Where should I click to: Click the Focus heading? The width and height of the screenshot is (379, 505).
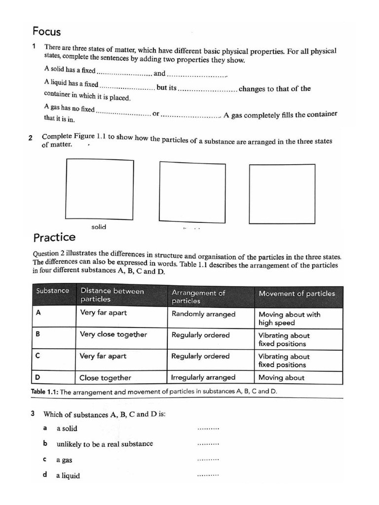[46, 32]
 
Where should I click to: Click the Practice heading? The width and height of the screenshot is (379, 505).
[54, 237]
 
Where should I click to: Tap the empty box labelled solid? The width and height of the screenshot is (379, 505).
[100, 189]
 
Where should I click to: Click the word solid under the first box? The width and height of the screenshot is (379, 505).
[99, 227]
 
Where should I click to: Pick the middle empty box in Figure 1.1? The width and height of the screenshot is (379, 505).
[192, 192]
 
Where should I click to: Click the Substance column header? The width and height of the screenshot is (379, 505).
[53, 291]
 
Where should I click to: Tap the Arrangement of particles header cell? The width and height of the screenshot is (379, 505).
[198, 296]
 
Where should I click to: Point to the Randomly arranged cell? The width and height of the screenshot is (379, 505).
[203, 314]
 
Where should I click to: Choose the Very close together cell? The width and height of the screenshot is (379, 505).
[114, 334]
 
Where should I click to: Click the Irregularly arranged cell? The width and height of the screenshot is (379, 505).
[203, 377]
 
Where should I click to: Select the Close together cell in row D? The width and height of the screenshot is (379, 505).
[106, 378]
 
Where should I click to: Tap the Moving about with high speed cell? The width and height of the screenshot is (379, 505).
[289, 318]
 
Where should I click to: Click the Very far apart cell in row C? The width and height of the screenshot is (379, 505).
[103, 356]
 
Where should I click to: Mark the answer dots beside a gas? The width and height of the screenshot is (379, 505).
[208, 460]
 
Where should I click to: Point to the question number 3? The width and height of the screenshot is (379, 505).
[33, 414]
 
